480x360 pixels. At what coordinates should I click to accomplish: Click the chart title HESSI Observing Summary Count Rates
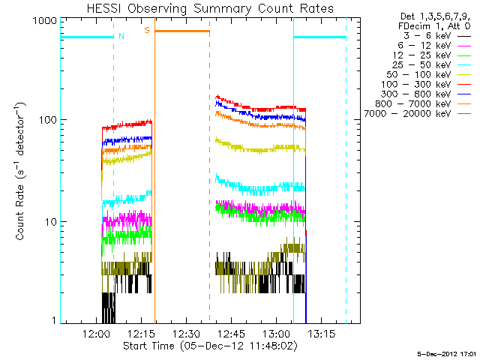point(211,8)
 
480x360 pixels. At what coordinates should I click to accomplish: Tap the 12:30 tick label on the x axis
point(185,334)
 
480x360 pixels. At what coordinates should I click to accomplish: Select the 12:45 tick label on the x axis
point(230,334)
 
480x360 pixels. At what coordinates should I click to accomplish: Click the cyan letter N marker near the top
point(121,35)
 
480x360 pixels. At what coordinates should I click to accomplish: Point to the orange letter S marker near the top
point(147,30)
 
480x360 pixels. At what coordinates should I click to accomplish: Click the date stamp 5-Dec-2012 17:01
point(445,352)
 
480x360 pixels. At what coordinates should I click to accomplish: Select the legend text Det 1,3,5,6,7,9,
point(427,16)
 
